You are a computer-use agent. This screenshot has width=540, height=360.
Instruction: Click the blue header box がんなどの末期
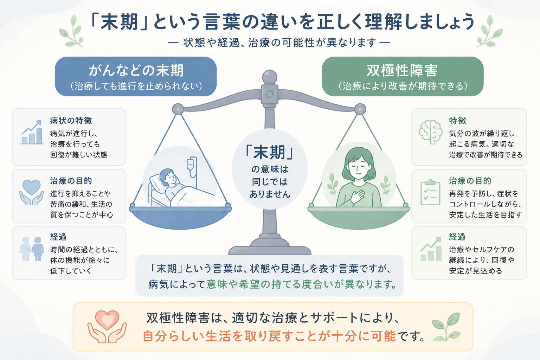pos(136,76)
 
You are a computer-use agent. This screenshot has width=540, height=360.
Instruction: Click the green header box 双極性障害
pos(403,76)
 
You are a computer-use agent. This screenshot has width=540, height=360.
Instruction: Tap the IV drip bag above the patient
pos(192,164)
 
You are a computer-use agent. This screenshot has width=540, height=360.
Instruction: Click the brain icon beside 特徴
pos(431,132)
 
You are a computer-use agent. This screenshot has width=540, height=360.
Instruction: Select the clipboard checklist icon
pos(431,192)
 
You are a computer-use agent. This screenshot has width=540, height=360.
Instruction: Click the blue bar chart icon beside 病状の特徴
pos(32,132)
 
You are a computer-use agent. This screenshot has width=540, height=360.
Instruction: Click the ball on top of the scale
pos(270,77)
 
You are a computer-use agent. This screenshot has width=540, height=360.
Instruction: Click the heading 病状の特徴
pos(71,121)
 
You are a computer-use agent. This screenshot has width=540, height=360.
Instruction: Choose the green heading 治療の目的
pos(470,181)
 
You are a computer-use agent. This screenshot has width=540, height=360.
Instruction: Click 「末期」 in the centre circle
pos(270,152)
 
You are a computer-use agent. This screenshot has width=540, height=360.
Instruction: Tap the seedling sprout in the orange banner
pos(446,327)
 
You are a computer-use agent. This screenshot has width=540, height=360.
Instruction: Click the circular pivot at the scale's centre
pos(270,94)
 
